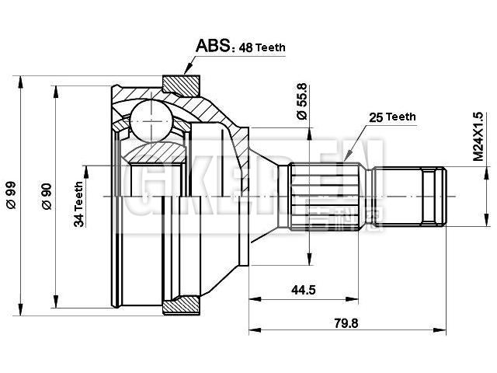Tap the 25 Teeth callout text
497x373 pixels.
pyautogui.click(x=392, y=117)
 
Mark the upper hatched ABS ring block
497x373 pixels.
pyautogui.click(x=183, y=82)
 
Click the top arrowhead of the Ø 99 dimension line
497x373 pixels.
pyautogui.click(x=20, y=78)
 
